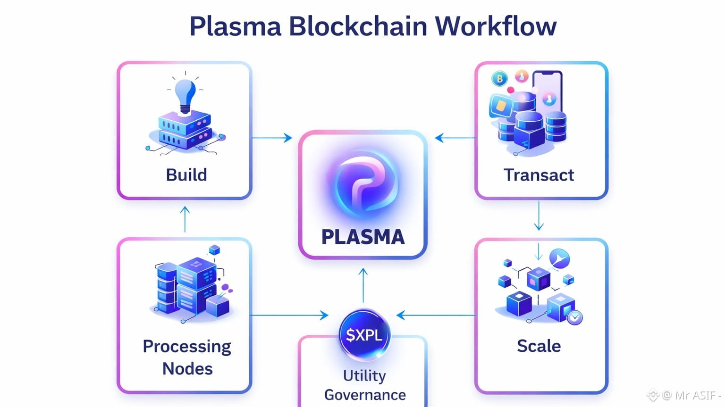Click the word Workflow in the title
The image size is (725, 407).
tap(495, 26)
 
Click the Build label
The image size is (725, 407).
tap(186, 175)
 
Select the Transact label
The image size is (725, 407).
tap(539, 175)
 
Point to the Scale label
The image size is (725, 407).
tap(539, 346)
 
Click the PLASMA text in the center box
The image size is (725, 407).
tap(363, 237)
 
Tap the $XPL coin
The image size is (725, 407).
tap(364, 335)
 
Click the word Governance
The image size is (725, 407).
tap(365, 395)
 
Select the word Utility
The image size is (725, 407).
tap(364, 375)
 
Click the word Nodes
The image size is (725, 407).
tap(187, 368)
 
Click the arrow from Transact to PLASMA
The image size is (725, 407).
tap(455, 138)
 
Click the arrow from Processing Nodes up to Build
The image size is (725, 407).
tap(185, 219)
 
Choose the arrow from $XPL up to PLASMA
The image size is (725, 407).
tap(363, 285)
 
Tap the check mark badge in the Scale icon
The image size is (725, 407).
tap(574, 317)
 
